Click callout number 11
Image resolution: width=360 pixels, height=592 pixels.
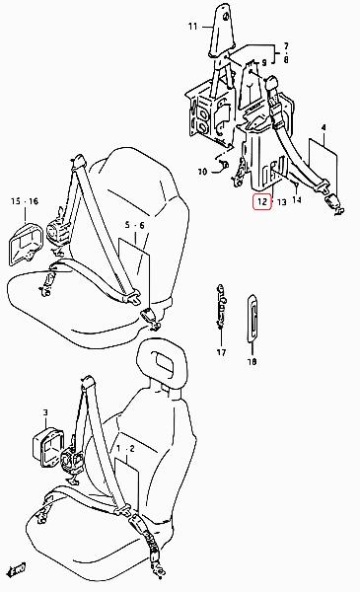pyautogui.click(x=193, y=27)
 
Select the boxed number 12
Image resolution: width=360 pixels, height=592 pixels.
pyautogui.click(x=262, y=202)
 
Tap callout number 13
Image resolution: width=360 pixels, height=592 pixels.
pyautogui.click(x=282, y=202)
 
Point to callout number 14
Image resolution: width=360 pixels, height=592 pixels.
pyautogui.click(x=297, y=199)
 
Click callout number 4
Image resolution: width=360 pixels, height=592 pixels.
pyautogui.click(x=324, y=127)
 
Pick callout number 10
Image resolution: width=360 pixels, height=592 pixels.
pyautogui.click(x=202, y=172)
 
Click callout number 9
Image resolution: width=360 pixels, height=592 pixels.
pyautogui.click(x=263, y=63)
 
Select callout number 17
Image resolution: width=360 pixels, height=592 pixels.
pyautogui.click(x=222, y=352)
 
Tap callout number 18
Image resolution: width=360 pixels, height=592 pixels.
pyautogui.click(x=252, y=361)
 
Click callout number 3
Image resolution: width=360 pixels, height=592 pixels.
pyautogui.click(x=45, y=412)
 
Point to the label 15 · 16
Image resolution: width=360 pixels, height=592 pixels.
pyautogui.click(x=25, y=201)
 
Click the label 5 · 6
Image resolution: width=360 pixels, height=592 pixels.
pyautogui.click(x=135, y=225)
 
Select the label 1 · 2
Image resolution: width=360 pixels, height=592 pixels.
pyautogui.click(x=125, y=449)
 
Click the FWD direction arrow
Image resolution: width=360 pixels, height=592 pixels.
pyautogui.click(x=17, y=567)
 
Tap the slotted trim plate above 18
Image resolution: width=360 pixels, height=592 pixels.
pyautogui.click(x=252, y=318)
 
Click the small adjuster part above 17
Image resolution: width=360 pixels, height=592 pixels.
pyautogui.click(x=221, y=307)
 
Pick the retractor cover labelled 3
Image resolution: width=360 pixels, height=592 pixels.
pyautogui.click(x=46, y=447)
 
